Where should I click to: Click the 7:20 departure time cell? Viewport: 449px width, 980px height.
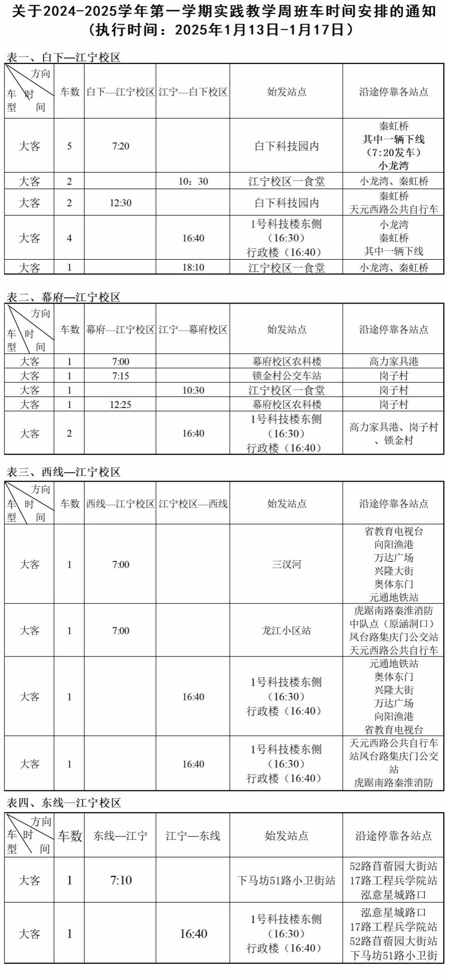[x=120, y=146]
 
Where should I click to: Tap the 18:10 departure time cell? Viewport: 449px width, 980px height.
[x=193, y=267]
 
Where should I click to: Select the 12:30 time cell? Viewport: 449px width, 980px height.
[x=120, y=203]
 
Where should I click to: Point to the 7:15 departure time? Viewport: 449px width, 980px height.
[x=120, y=376]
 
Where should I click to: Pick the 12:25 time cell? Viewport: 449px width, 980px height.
[x=120, y=404]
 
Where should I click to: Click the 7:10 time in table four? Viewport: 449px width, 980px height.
[x=120, y=880]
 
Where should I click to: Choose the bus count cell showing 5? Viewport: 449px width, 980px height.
[x=69, y=146]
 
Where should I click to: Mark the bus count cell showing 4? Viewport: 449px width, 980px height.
[x=69, y=238]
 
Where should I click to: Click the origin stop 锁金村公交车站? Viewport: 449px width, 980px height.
[x=286, y=376]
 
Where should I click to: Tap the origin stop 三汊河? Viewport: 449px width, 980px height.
[x=286, y=564]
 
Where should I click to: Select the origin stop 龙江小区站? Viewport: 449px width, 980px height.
[x=286, y=630]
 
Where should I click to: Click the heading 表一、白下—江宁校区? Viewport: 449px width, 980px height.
[x=63, y=57]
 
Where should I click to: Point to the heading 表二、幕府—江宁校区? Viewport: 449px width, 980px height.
[x=63, y=297]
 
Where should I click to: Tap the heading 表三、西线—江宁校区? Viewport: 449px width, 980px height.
[x=63, y=472]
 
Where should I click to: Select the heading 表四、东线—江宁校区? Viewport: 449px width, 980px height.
[x=63, y=803]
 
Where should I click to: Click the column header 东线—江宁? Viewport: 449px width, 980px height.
[x=120, y=835]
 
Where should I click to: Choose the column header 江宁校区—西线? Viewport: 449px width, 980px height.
[x=193, y=504]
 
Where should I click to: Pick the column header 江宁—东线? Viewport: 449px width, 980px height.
[x=193, y=835]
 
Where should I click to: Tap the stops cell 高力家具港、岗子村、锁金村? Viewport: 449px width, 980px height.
[x=393, y=433]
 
